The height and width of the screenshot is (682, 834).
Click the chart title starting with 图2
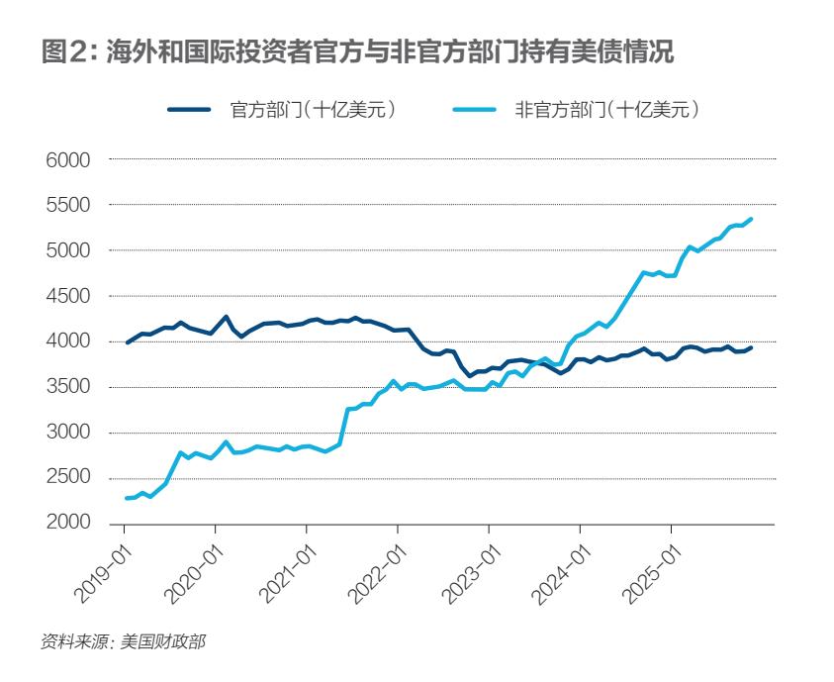click(x=357, y=53)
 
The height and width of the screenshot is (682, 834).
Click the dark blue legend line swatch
click(x=188, y=110)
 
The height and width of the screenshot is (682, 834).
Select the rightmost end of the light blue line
click(x=751, y=219)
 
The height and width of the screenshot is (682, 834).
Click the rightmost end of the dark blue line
click(x=751, y=347)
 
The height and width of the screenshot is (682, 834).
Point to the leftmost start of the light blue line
click(x=127, y=498)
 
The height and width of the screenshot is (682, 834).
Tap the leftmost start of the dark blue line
click(x=127, y=342)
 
